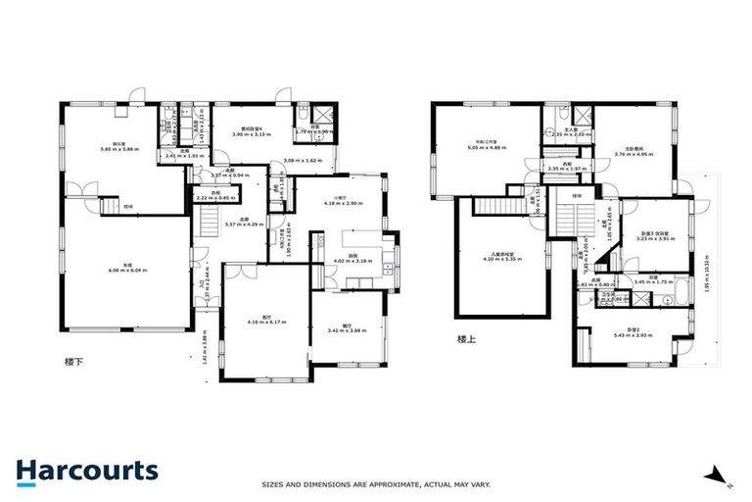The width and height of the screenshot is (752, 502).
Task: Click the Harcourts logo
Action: pos(86,471)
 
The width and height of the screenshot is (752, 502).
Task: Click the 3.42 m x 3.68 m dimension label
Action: pos(347,329)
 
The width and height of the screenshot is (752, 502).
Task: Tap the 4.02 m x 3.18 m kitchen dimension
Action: pos(353,261)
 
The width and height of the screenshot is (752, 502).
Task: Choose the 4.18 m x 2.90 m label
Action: pos(344,203)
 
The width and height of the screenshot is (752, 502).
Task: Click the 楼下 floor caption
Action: pos(72,361)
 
